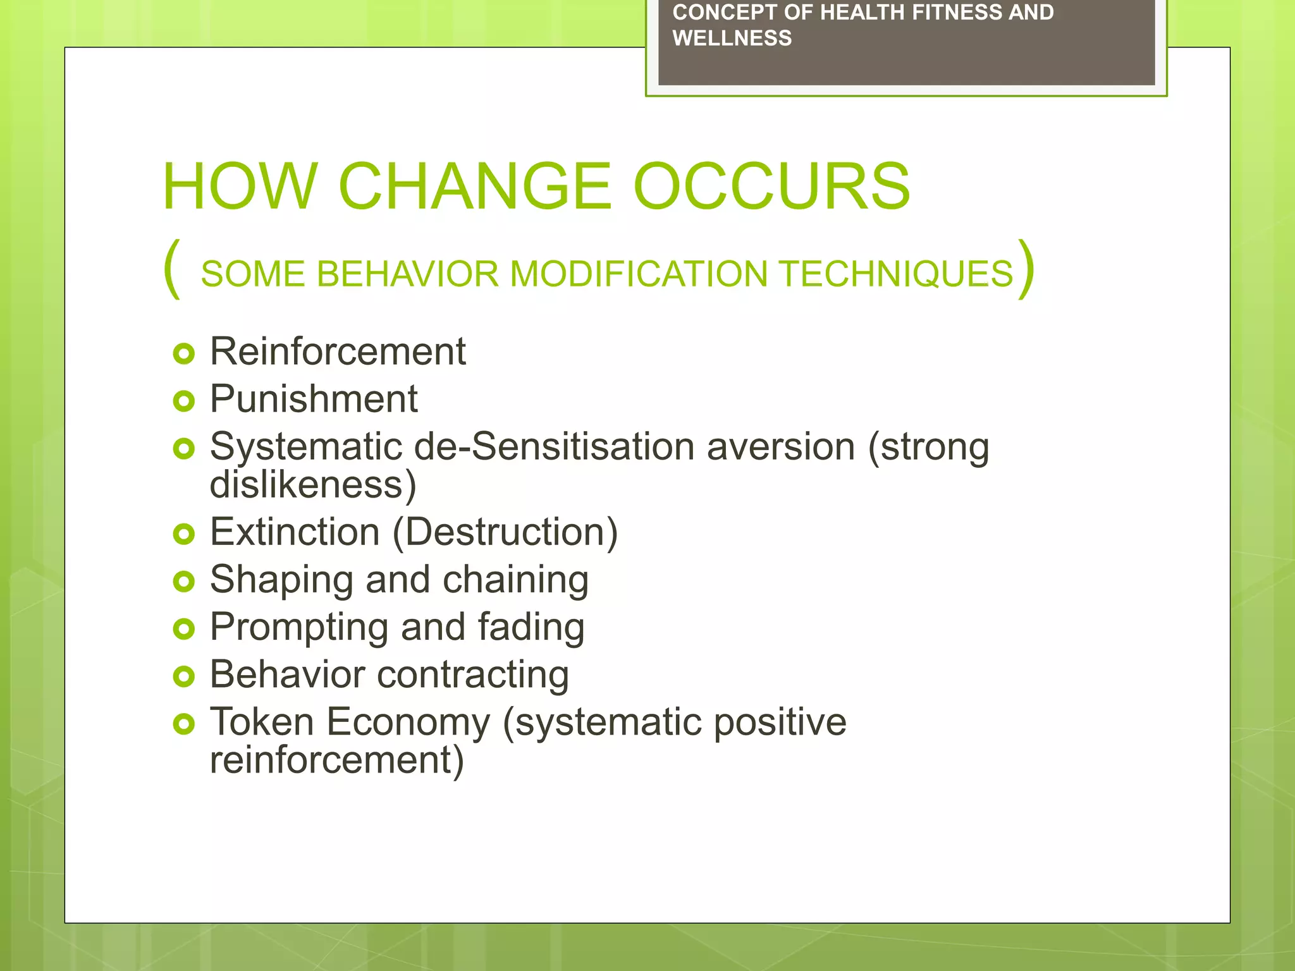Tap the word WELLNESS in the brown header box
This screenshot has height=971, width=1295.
coord(732,39)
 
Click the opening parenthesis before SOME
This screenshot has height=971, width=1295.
coord(172,269)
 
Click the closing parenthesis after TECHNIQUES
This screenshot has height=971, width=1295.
coord(1026,269)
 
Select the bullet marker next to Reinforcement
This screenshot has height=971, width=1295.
coord(183,353)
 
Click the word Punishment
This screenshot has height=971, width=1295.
coord(314,399)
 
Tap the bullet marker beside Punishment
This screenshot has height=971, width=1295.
coord(183,401)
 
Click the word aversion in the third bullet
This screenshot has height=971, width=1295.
coord(780,447)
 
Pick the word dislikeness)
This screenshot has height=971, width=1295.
coord(313,485)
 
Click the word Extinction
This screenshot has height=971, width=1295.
coord(294,532)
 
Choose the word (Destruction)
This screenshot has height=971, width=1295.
coord(505,532)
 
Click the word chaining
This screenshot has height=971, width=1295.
coord(515,580)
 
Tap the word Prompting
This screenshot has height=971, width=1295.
coord(299,628)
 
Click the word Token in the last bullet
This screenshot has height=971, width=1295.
coord(262,722)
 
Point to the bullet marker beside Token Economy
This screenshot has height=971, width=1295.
coord(183,724)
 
